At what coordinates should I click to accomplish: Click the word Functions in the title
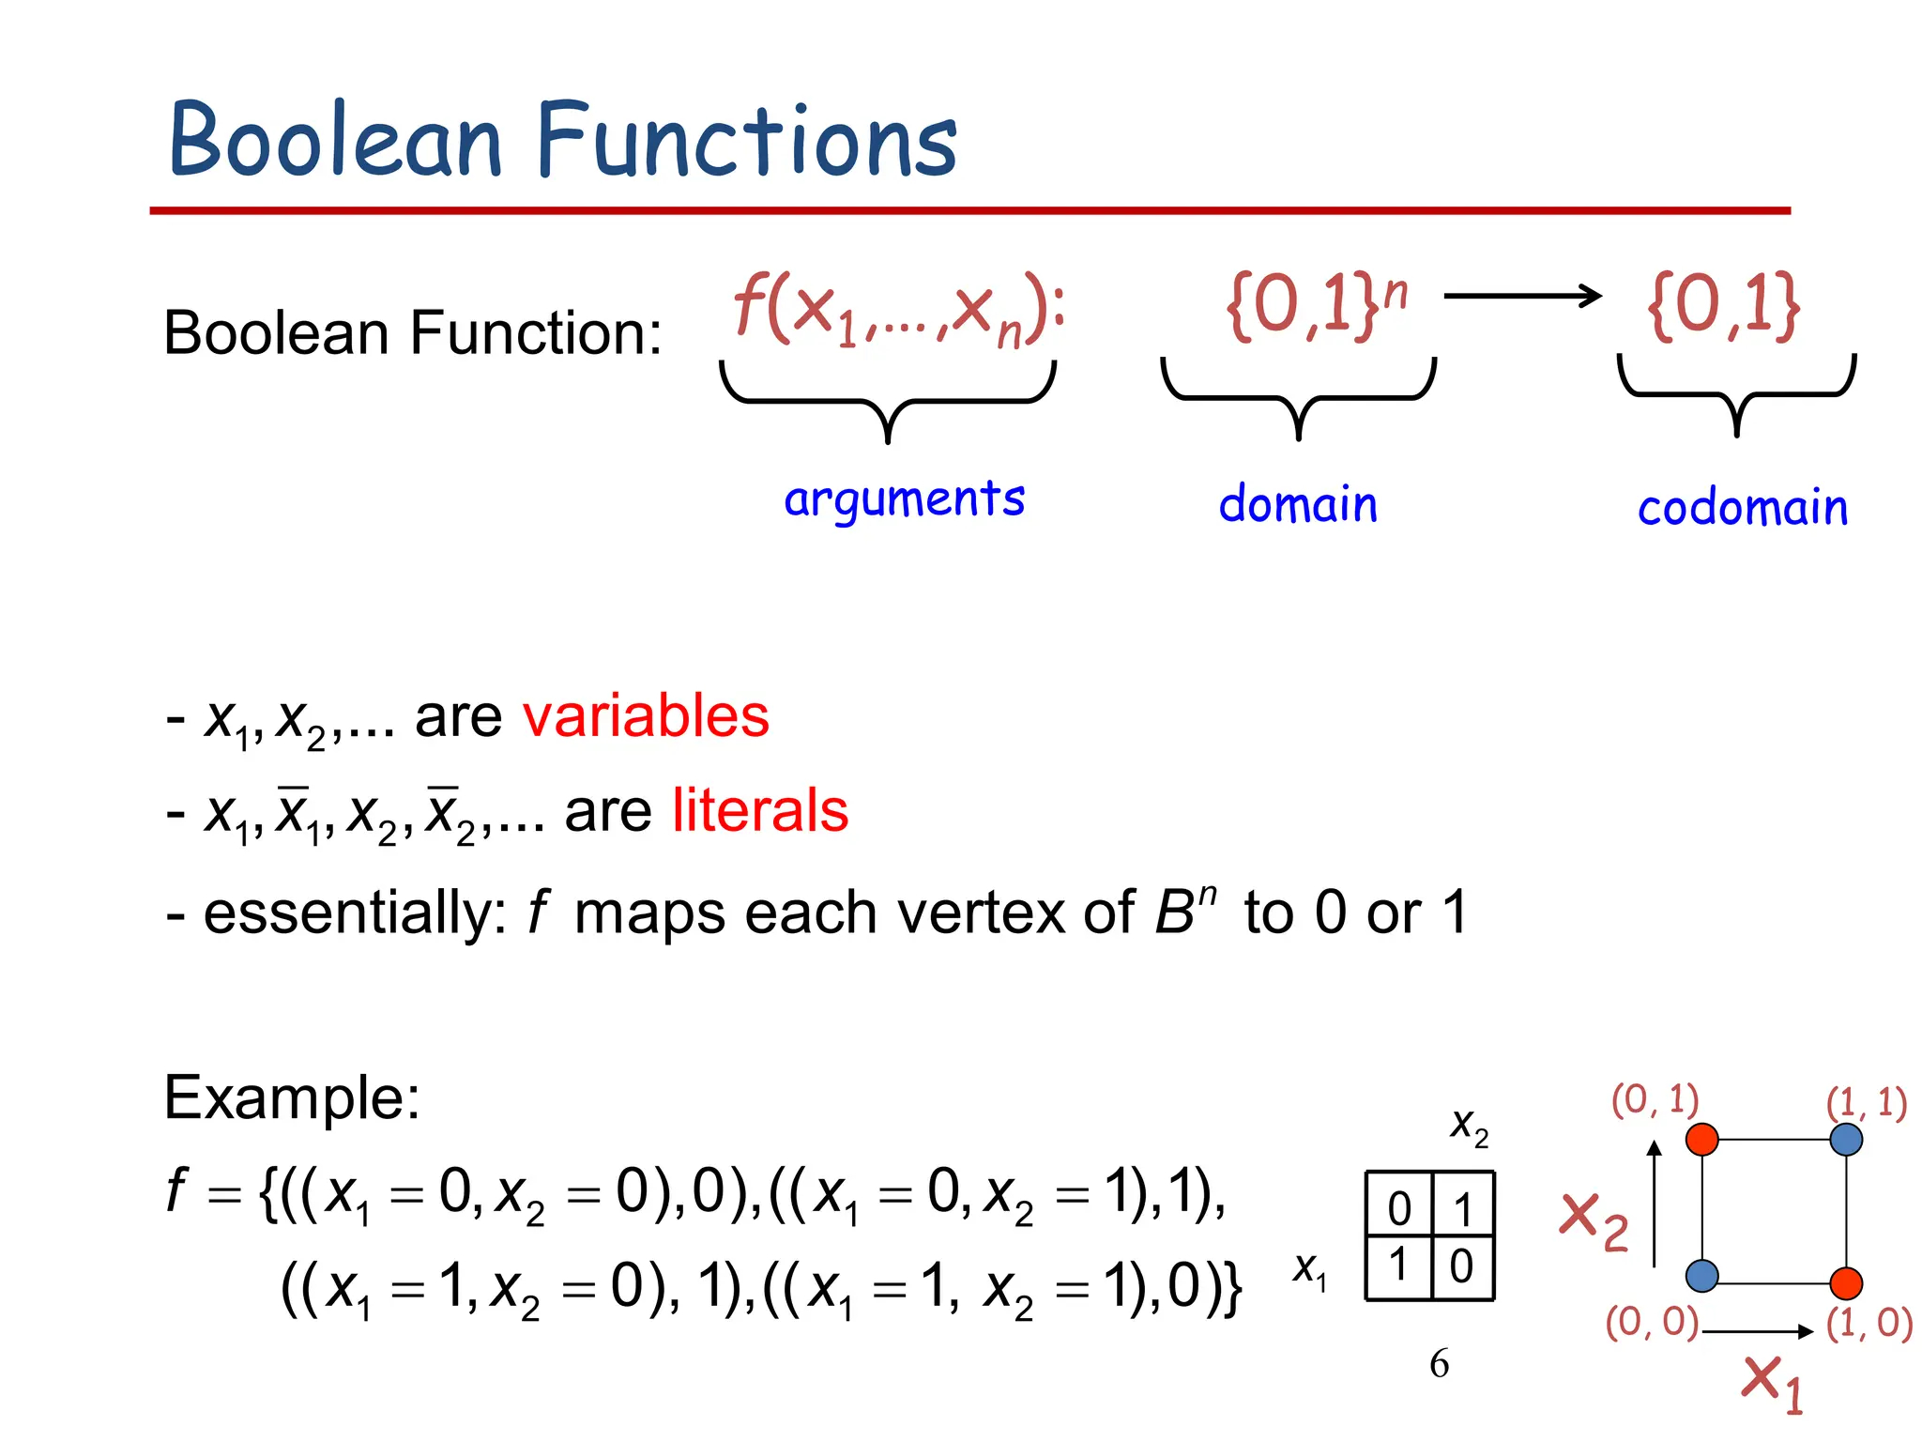(x=746, y=141)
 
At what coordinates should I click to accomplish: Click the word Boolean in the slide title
(x=335, y=141)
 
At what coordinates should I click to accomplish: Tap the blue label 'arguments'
(x=904, y=499)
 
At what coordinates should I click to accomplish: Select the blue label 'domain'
(x=1298, y=504)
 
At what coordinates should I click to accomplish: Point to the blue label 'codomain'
(x=1742, y=508)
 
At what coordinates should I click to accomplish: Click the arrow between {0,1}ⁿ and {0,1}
(x=1522, y=297)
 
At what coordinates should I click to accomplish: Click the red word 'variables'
(x=646, y=716)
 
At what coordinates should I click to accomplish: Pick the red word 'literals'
(x=760, y=810)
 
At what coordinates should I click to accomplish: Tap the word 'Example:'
(x=292, y=1097)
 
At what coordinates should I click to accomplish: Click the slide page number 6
(x=1439, y=1363)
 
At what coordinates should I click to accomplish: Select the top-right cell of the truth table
(x=1463, y=1207)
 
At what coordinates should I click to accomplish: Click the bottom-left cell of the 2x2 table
(x=1398, y=1265)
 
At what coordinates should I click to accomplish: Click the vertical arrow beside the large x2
(x=1655, y=1204)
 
